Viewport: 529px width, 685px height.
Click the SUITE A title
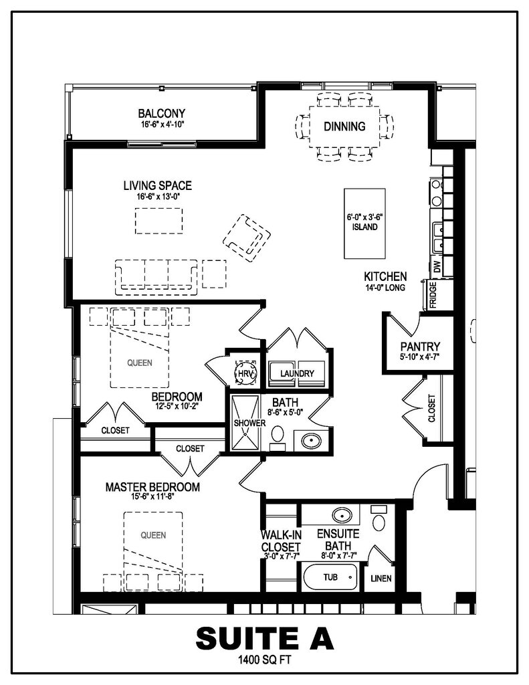click(x=265, y=639)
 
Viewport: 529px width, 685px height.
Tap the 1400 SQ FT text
click(x=264, y=660)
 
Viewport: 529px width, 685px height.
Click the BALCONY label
click(x=162, y=114)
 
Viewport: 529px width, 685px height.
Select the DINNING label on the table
click(x=344, y=126)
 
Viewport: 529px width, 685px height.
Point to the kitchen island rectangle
click(x=364, y=223)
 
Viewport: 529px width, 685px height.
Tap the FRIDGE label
click(x=433, y=295)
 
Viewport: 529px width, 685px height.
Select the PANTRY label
click(x=420, y=347)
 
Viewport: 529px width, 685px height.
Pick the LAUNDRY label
click(x=297, y=373)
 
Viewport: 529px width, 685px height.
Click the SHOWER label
click(x=249, y=423)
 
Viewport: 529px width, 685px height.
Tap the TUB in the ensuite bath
click(x=330, y=577)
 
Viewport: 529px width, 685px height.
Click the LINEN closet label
click(x=381, y=579)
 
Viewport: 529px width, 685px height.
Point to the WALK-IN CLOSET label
click(x=280, y=541)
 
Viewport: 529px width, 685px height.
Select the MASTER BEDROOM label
click(x=152, y=487)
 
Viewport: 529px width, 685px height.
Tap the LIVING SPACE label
click(x=158, y=186)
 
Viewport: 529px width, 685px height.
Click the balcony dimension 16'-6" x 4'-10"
click(x=162, y=124)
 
